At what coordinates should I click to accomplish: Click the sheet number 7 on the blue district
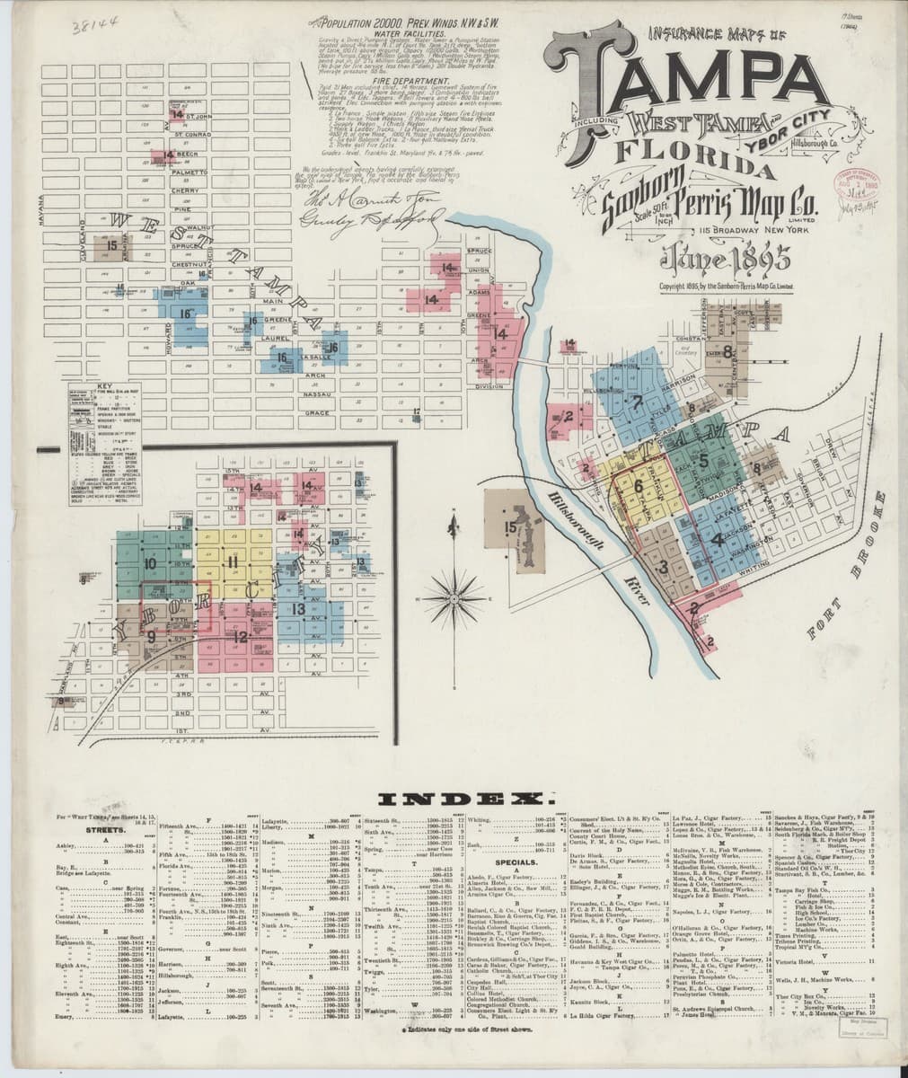click(x=636, y=402)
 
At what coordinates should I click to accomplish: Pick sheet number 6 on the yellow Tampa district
click(x=638, y=488)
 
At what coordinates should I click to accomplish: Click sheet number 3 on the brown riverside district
click(x=663, y=567)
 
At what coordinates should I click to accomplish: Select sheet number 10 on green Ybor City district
click(x=149, y=563)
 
